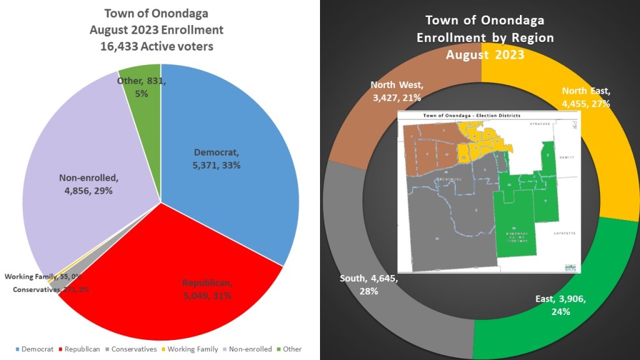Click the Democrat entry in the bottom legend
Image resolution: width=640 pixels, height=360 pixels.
point(38,349)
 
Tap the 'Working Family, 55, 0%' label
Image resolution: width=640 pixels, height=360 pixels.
point(42,276)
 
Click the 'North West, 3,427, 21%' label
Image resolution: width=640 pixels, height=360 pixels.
point(396,91)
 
